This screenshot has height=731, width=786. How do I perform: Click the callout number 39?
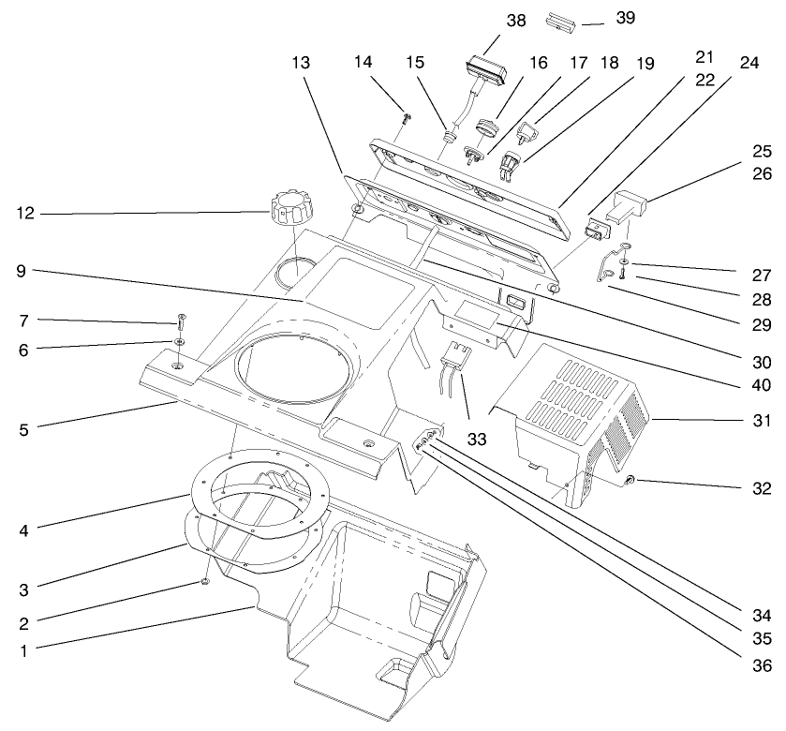coord(626,19)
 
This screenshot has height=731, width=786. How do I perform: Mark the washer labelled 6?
coord(178,341)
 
